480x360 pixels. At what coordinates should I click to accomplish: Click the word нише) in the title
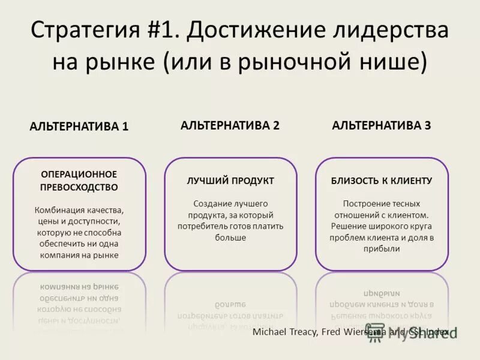397,62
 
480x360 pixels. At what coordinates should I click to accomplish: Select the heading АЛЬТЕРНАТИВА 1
79,127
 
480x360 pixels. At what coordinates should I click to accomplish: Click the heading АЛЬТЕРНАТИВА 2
230,125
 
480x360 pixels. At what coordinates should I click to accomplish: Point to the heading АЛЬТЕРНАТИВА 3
382,125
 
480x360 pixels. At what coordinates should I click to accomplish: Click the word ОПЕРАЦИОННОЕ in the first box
79,174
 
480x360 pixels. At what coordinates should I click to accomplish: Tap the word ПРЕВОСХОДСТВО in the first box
79,187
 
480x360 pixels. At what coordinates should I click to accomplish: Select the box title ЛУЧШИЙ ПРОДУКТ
230,181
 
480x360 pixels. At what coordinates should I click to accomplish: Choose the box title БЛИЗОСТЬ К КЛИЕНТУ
382,181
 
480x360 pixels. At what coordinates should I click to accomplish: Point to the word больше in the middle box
230,238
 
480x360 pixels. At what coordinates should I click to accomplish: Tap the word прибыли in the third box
382,248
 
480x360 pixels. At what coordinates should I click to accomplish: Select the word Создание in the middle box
211,203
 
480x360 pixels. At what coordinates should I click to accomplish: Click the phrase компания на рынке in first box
79,255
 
